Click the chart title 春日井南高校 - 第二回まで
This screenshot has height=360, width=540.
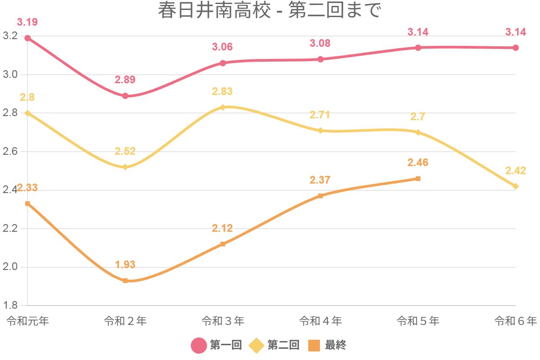click(x=270, y=11)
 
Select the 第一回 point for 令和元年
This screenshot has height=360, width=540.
click(x=27, y=38)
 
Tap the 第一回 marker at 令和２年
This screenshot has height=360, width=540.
click(x=125, y=96)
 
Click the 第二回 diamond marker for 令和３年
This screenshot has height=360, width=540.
click(x=223, y=107)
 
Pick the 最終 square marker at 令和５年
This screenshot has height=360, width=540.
click(x=418, y=179)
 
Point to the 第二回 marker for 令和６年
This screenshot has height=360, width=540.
click(x=516, y=186)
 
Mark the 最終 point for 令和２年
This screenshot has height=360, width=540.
click(x=125, y=281)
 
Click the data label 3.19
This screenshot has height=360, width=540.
click(x=27, y=22)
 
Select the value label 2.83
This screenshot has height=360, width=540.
click(x=222, y=91)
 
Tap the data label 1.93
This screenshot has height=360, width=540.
click(x=125, y=265)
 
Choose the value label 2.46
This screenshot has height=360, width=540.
click(x=418, y=162)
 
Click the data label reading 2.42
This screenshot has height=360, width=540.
click(x=516, y=171)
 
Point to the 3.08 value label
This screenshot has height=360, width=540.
click(x=320, y=43)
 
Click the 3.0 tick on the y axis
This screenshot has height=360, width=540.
click(x=9, y=75)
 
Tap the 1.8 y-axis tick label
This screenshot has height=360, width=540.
click(x=9, y=306)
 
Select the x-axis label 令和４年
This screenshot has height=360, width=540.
click(x=320, y=321)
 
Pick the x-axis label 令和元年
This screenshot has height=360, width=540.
click(x=27, y=321)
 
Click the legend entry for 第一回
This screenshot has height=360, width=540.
click(x=217, y=346)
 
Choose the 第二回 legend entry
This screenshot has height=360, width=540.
click(x=274, y=346)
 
